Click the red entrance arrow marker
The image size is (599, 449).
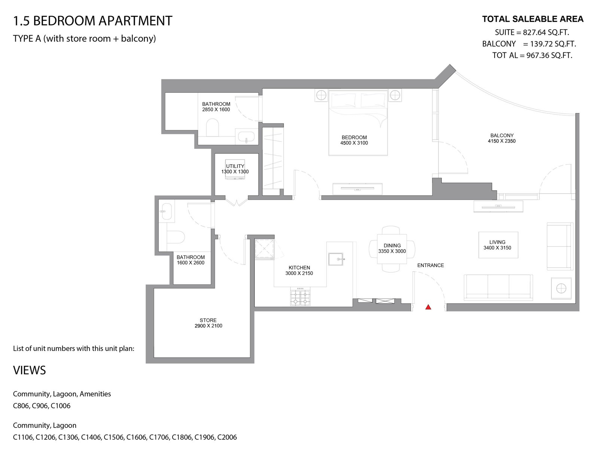[428, 307]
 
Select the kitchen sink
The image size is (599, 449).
[336, 259]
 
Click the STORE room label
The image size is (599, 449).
[208, 320]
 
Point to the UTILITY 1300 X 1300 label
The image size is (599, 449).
[235, 169]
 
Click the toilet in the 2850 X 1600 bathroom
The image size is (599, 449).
[212, 128]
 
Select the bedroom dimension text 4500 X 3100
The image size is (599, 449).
[354, 143]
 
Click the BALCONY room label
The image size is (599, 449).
[502, 135]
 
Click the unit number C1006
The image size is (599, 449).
[61, 406]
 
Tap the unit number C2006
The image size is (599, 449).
[227, 437]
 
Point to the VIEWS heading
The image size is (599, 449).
[30, 370]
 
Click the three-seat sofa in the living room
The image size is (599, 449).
[498, 287]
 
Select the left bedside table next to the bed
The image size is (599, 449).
[321, 95]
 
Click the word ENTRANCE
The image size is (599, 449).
[431, 265]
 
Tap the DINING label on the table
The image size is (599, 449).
[392, 245]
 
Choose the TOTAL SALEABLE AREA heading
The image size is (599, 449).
[533, 19]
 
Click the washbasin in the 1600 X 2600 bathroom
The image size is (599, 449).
[167, 211]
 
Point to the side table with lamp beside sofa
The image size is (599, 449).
[561, 288]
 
